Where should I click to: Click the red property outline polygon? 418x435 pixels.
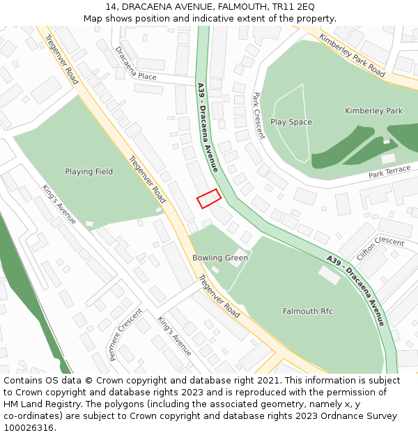coord(209,198)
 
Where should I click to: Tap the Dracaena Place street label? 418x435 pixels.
coord(136,63)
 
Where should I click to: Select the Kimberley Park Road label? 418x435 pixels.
coord(352,54)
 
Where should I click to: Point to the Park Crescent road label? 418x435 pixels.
coord(258,116)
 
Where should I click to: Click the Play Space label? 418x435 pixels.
coord(291,122)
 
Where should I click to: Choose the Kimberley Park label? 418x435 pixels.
coord(373,111)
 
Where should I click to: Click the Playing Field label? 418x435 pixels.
coord(88,172)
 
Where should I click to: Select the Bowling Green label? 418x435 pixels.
coord(220,258)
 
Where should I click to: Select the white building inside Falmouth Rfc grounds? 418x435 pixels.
coord(330,275)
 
